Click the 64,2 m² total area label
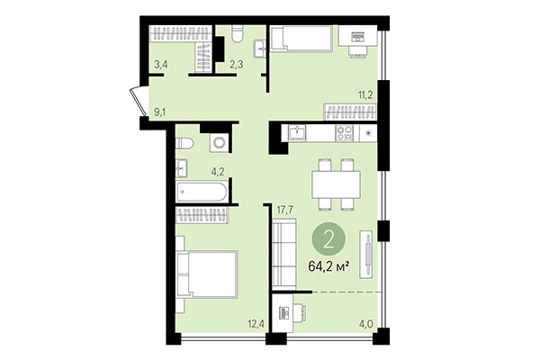point(330,266)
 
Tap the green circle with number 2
point(330,238)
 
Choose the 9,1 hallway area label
point(160,112)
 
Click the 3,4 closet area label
point(160,64)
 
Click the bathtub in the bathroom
point(202,191)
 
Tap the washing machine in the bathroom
point(217,143)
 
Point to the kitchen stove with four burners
point(345,133)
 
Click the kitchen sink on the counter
point(298,133)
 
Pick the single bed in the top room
point(301,40)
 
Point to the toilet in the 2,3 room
point(236,34)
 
